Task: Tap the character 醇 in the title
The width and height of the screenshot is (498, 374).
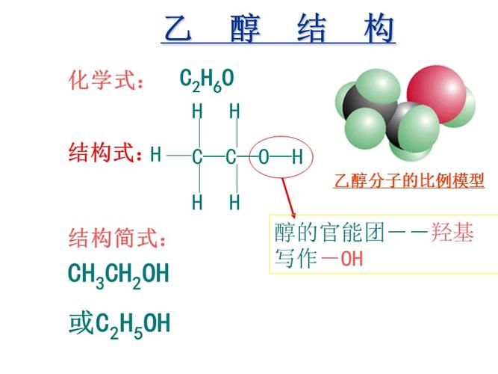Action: [x=246, y=31]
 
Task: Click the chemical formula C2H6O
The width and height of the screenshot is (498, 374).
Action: [x=207, y=79]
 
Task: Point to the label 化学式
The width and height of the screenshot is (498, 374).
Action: [x=105, y=80]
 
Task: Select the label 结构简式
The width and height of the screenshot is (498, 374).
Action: [x=117, y=239]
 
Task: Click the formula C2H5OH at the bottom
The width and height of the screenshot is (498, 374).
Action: [x=134, y=324]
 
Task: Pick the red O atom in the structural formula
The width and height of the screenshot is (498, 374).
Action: [x=264, y=157]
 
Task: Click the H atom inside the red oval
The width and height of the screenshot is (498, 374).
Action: [x=297, y=157]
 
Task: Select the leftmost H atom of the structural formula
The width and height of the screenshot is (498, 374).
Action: [x=155, y=156]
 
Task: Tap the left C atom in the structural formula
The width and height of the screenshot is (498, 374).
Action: [x=197, y=157]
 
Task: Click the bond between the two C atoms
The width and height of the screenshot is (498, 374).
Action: [x=214, y=157]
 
